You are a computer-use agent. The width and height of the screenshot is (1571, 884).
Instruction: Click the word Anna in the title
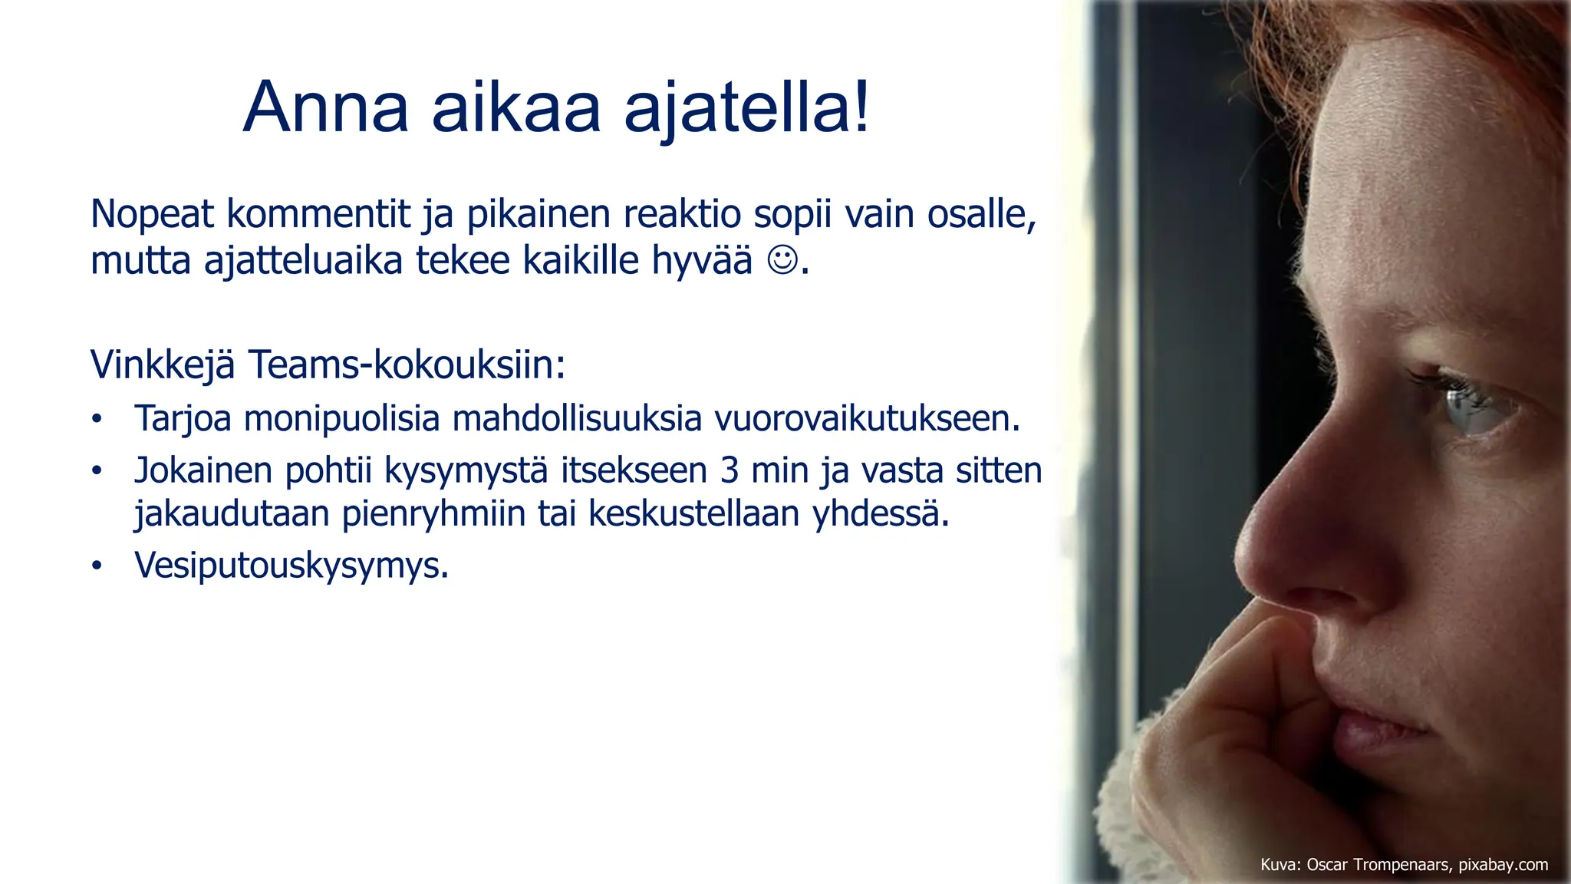325,107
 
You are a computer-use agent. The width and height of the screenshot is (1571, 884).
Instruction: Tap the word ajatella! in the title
747,107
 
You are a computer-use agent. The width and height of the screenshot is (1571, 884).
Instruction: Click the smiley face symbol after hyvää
782,260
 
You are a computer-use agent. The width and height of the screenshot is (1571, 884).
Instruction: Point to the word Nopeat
152,214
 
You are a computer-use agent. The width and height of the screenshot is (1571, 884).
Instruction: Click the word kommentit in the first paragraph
318,214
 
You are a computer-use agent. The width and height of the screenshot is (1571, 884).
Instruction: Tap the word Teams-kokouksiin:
407,364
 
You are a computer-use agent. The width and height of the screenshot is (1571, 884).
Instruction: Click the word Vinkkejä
163,364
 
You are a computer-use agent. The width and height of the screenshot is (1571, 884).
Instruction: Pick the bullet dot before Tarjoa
97,420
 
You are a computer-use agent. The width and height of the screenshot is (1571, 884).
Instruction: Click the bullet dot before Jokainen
97,471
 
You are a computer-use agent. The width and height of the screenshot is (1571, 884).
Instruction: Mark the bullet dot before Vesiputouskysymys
97,566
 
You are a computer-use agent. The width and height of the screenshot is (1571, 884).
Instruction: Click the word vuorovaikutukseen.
867,419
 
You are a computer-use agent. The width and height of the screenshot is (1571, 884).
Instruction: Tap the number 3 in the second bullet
730,470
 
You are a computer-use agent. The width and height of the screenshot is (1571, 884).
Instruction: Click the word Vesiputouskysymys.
291,566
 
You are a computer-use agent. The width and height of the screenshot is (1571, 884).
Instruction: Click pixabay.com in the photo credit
1503,865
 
